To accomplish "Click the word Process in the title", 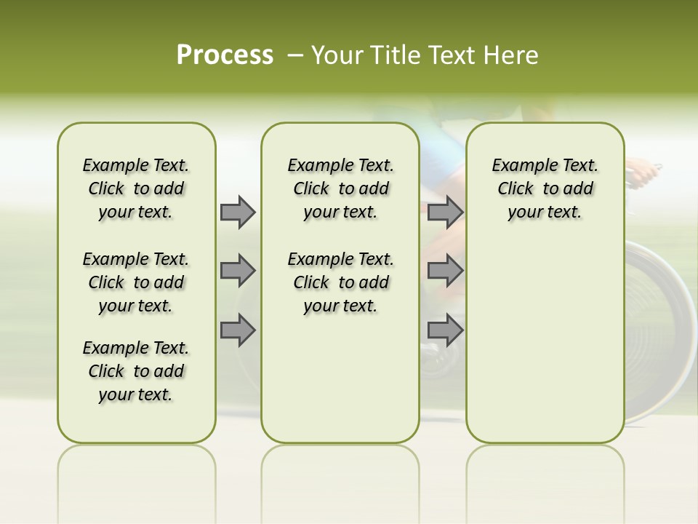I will [225, 55].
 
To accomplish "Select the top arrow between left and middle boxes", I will [238, 212].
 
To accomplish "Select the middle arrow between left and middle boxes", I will [238, 271].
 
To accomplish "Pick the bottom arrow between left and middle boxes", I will [238, 330].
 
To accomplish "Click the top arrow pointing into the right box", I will [445, 212].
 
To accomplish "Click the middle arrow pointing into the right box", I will [445, 271].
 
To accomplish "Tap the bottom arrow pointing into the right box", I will [445, 330].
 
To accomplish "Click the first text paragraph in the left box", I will [136, 188].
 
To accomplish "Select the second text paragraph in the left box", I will [136, 282].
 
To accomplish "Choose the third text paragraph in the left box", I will [136, 371].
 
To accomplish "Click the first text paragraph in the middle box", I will [340, 188].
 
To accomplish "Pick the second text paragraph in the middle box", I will [340, 282].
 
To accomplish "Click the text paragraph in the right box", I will [545, 188].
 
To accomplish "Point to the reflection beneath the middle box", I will [340, 473].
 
